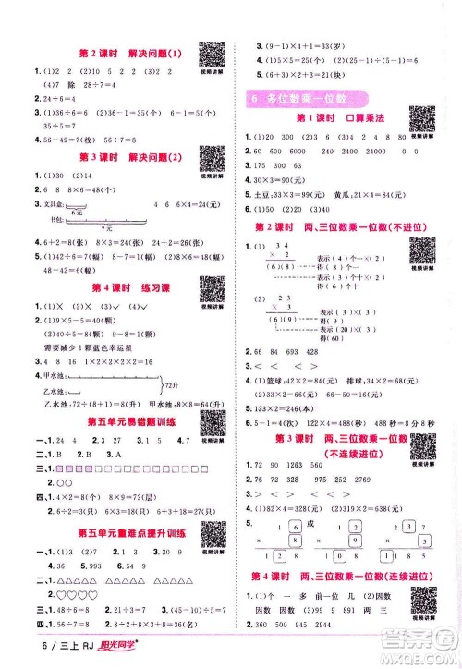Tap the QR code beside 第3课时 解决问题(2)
pos(213,164)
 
